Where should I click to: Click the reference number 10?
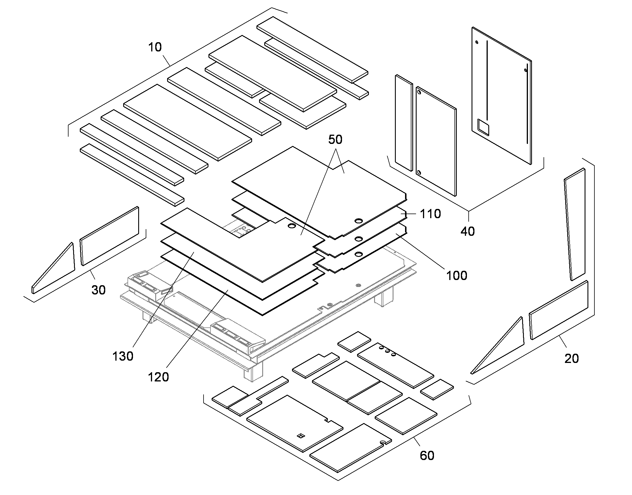coord(155,47)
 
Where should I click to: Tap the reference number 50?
coord(335,140)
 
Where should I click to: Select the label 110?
coord(430,214)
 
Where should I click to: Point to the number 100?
coord(457,275)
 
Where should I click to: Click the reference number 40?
coord(467,231)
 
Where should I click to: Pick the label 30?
coord(98,290)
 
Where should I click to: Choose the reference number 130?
coord(123,356)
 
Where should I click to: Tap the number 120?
coord(158,377)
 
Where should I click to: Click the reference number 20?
coord(572,359)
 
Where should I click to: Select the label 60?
coord(427,456)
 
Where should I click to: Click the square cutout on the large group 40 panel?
coord(483,127)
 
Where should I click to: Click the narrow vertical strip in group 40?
coord(404,123)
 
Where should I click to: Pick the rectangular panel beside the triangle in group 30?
coord(110,236)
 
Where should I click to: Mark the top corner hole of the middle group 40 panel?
coord(419,92)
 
